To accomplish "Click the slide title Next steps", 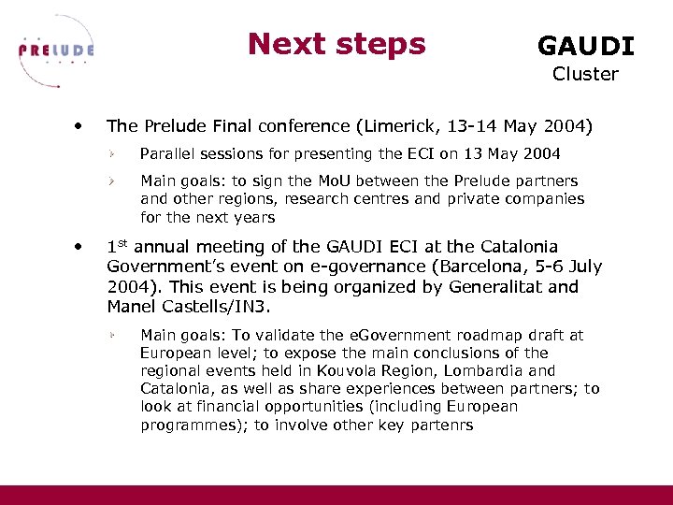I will [336, 43].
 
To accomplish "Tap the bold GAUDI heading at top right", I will [585, 46].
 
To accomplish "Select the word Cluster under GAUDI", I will [585, 74].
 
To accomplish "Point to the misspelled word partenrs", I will [443, 425].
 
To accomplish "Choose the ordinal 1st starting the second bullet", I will [116, 247].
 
